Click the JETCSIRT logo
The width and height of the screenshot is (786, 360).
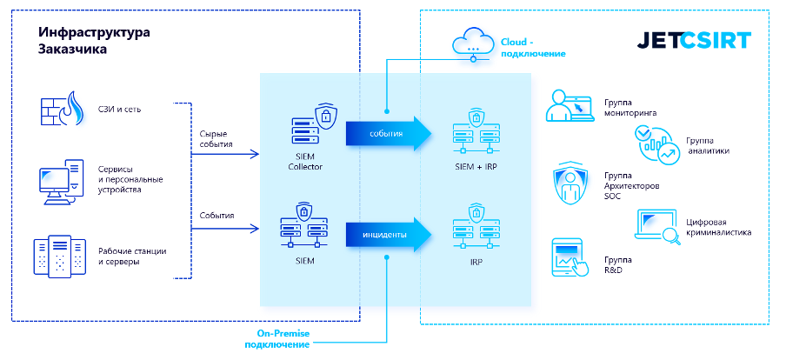click(694, 41)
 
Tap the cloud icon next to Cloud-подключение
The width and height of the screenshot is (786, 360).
click(472, 42)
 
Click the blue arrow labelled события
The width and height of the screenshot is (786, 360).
click(388, 133)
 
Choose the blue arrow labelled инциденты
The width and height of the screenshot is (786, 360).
click(388, 233)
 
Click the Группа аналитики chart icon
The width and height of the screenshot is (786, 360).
click(658, 144)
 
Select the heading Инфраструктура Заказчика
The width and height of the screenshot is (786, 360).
click(94, 41)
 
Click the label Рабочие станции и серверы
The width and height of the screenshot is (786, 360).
click(131, 257)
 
